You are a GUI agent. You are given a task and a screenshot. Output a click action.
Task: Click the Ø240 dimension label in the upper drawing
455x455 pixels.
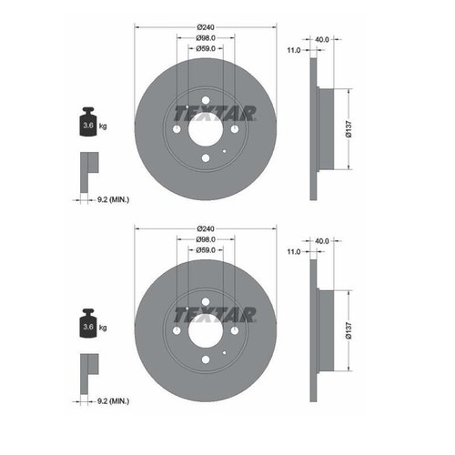(206, 27)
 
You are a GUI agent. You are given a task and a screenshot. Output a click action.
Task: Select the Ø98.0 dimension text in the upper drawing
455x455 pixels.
(206, 38)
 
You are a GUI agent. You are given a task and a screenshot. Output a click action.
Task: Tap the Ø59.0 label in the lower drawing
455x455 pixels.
(206, 250)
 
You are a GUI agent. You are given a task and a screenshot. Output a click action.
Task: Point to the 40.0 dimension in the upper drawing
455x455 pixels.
(322, 39)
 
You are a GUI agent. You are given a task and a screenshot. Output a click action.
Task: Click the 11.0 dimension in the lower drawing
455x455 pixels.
(294, 252)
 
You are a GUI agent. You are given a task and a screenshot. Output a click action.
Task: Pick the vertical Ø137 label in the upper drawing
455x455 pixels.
(349, 129)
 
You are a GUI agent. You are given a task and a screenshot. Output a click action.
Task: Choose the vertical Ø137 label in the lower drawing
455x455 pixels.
(349, 330)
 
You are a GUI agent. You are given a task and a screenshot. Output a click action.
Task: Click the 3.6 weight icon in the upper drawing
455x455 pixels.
(88, 122)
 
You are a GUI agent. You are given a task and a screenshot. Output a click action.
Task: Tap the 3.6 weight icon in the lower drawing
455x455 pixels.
(88, 323)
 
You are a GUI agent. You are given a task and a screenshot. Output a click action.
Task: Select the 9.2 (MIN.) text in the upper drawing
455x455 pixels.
(113, 200)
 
